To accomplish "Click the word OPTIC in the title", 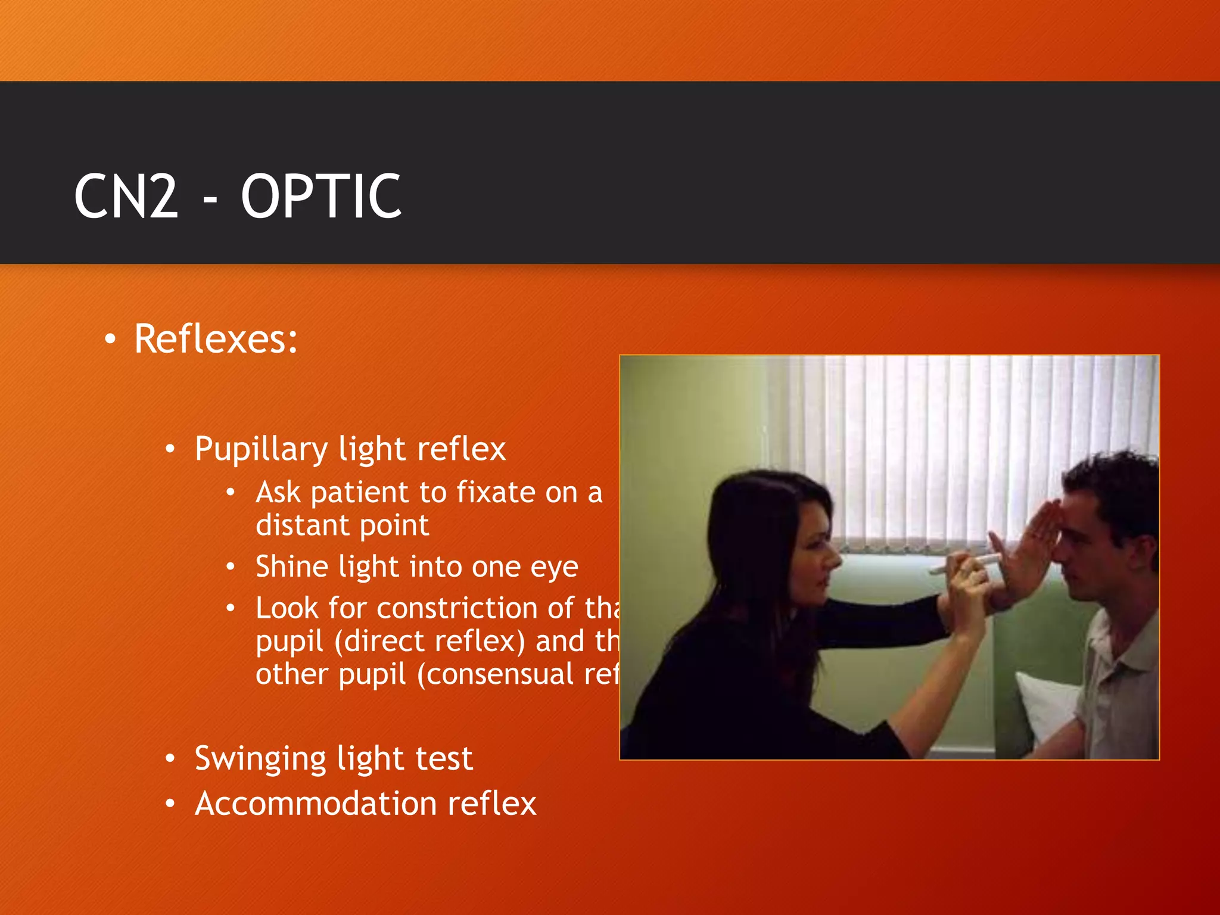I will [x=321, y=196].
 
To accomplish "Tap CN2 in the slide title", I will [x=126, y=196].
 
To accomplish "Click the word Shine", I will [x=291, y=567].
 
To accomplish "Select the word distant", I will [x=301, y=525].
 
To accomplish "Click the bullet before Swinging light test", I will [x=170, y=758].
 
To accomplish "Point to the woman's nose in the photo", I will [x=834, y=559].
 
